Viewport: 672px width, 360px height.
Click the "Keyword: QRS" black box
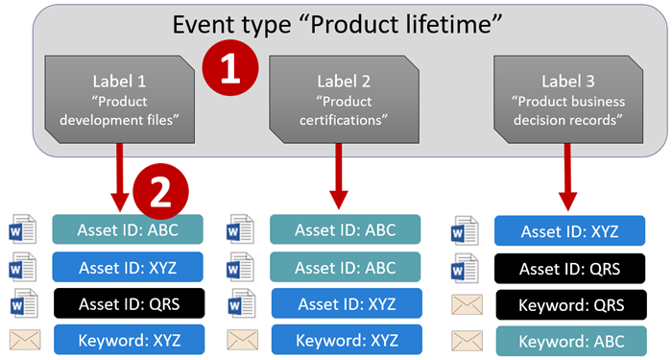coord(569,304)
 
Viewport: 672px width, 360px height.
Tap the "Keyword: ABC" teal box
coord(569,342)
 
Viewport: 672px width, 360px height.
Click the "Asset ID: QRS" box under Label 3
coord(569,268)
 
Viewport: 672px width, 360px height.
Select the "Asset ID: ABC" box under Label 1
coord(129,228)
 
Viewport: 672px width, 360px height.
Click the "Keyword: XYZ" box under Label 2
coord(345,341)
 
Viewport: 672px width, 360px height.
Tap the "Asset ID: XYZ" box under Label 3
coord(569,231)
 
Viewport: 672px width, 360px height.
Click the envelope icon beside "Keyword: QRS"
coord(466,305)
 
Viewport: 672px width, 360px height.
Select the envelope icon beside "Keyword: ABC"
coord(466,342)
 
